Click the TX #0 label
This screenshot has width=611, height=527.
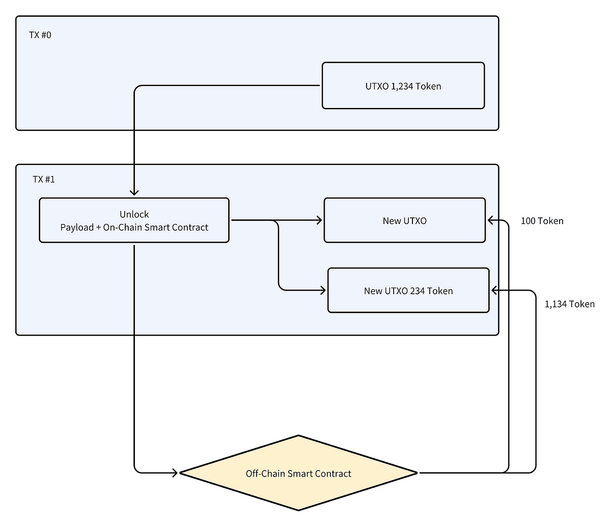(x=40, y=35)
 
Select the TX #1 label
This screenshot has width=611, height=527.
(x=44, y=179)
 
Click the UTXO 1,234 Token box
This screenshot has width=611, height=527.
(x=403, y=86)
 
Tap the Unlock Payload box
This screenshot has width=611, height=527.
(x=134, y=220)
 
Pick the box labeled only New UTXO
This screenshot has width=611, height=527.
(x=404, y=220)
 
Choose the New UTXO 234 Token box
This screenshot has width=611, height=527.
(x=408, y=290)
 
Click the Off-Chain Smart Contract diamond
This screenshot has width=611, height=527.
(x=298, y=473)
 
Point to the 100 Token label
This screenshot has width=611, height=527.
(x=542, y=220)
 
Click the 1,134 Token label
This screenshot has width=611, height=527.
(x=569, y=304)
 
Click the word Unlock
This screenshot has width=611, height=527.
(x=134, y=214)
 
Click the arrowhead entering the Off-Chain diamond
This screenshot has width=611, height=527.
(x=175, y=473)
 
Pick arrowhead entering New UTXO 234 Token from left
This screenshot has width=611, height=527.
(x=323, y=290)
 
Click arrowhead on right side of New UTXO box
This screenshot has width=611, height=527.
(x=490, y=220)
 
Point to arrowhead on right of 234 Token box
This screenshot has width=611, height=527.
(x=493, y=290)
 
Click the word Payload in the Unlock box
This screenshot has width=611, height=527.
(x=76, y=227)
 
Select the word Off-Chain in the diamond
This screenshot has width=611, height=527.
(x=265, y=474)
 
